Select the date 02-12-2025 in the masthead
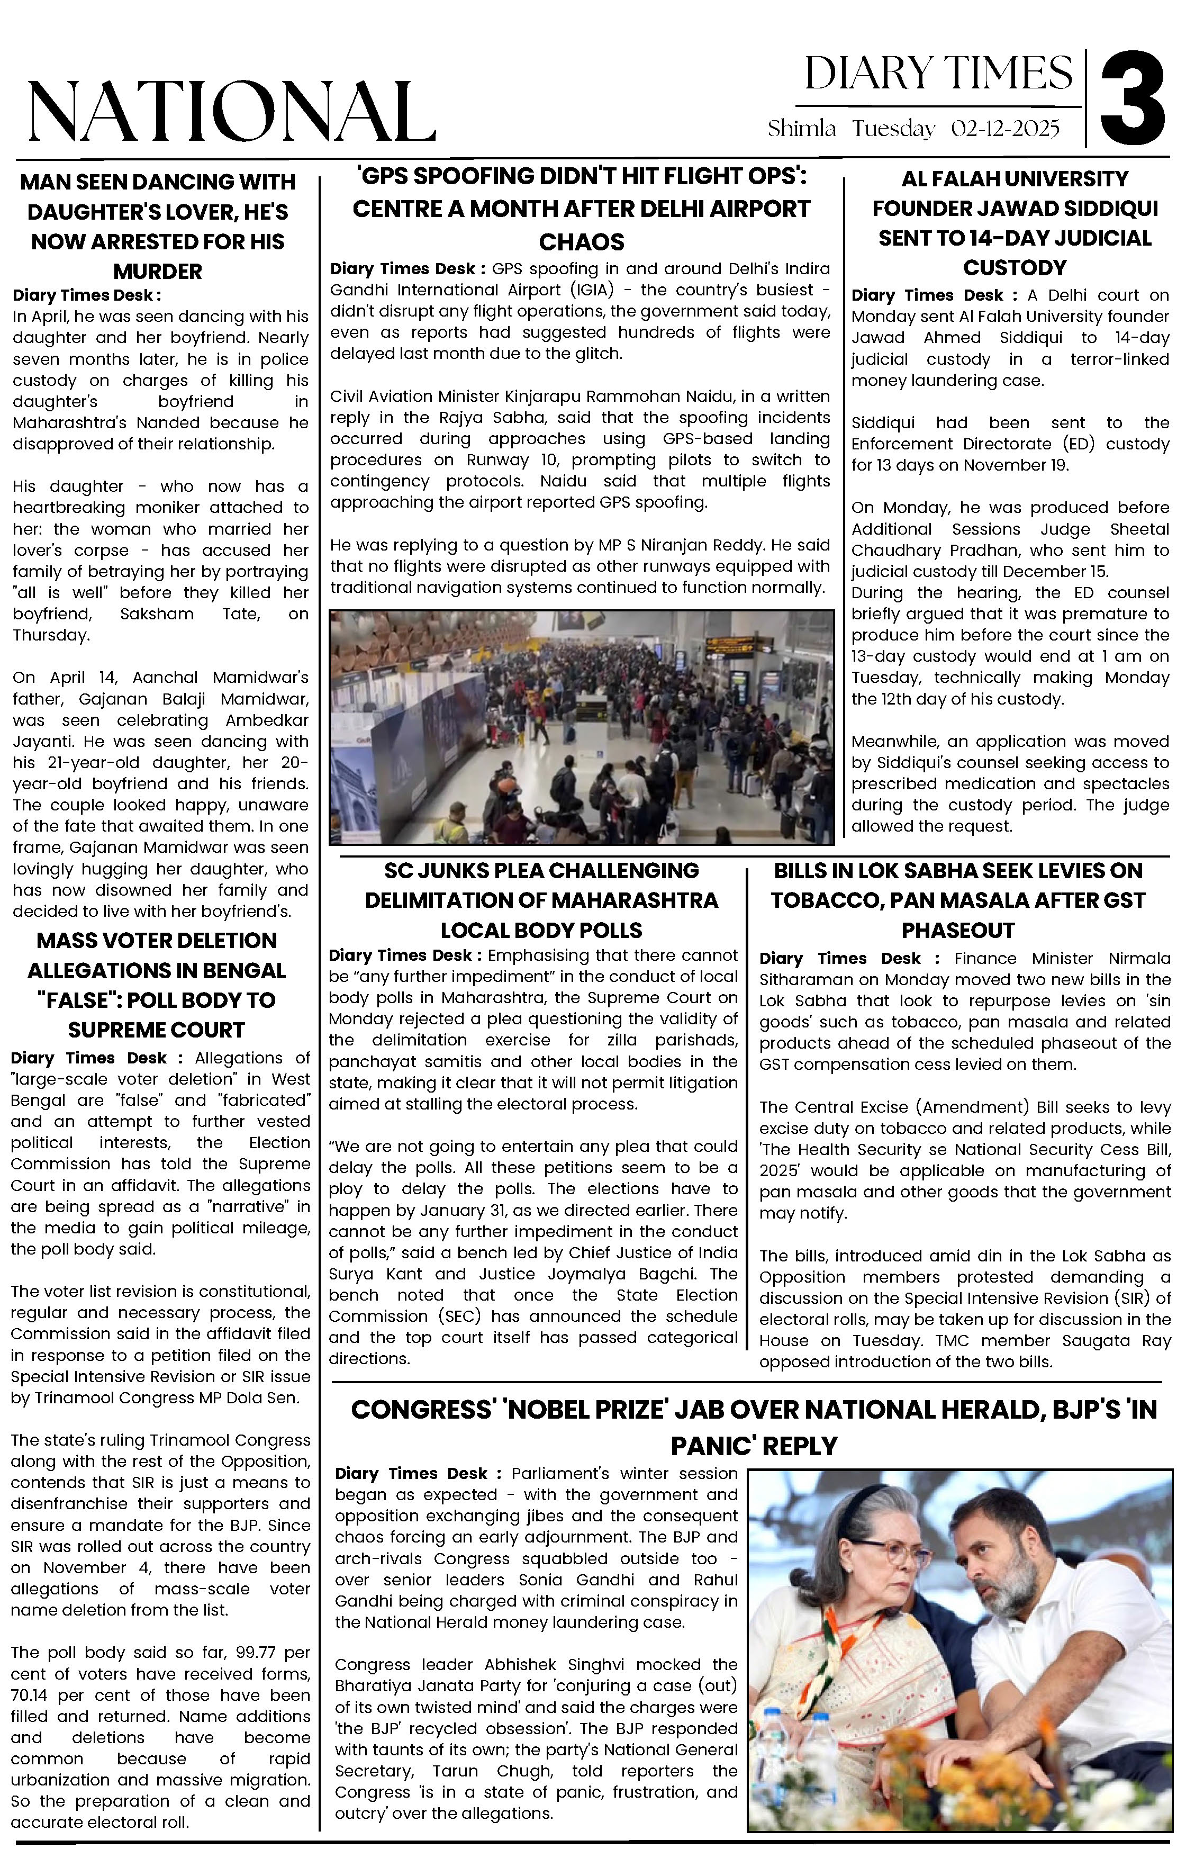[1004, 129]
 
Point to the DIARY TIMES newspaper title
[938, 74]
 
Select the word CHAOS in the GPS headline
[581, 242]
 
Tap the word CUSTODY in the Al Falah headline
[1014, 268]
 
